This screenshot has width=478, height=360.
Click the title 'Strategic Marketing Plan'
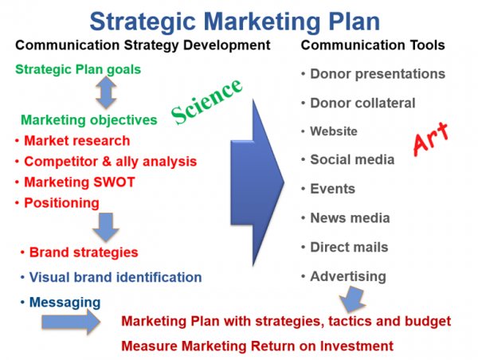(235, 22)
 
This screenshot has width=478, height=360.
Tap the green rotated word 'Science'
(206, 101)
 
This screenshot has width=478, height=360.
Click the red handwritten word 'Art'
(431, 139)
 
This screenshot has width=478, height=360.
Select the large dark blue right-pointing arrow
(257, 183)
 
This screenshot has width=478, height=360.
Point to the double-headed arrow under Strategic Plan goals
(106, 92)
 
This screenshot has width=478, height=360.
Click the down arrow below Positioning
(106, 228)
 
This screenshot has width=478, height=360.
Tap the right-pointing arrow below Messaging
(71, 322)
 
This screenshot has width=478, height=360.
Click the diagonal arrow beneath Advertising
(352, 299)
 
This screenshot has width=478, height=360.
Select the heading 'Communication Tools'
(373, 45)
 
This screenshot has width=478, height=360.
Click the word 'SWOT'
(114, 182)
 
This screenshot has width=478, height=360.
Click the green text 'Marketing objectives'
(89, 120)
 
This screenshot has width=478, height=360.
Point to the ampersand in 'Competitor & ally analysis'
(107, 162)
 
